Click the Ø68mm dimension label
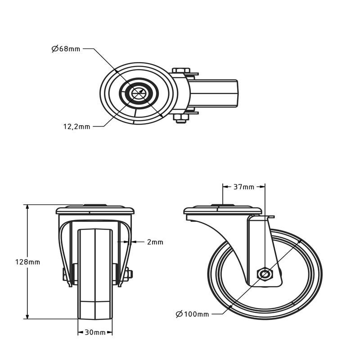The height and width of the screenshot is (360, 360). click(66, 49)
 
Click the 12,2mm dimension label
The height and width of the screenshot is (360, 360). click(76, 127)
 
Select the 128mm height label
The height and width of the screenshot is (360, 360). click(27, 262)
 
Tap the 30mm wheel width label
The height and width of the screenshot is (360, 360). click(95, 333)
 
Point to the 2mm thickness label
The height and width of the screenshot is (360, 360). click(155, 242)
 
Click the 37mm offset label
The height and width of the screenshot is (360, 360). click(244, 187)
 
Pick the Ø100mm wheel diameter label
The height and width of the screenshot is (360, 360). click(193, 314)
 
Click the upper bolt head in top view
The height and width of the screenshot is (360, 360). click(180, 71)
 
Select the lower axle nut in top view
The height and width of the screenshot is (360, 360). click(180, 118)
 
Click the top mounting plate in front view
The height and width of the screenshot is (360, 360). click(95, 210)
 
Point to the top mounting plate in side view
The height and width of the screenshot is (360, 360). click(223, 210)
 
